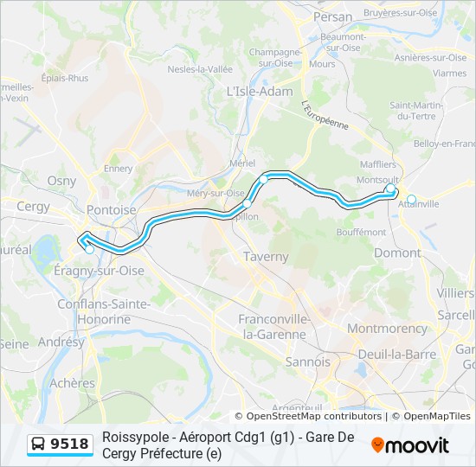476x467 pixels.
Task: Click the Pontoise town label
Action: (x=107, y=210)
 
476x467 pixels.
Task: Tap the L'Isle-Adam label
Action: (x=259, y=92)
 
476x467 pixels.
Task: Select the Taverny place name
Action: (x=266, y=257)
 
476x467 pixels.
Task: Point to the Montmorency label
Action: (x=387, y=329)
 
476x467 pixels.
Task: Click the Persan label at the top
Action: (x=333, y=16)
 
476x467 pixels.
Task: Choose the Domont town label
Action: (x=396, y=253)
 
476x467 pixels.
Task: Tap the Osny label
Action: (x=61, y=181)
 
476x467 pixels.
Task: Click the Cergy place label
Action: (x=34, y=207)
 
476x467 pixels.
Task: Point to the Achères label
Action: (x=73, y=382)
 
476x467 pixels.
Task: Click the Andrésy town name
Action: (x=61, y=342)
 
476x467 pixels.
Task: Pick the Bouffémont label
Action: (x=362, y=232)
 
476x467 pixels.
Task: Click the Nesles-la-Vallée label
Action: (x=200, y=69)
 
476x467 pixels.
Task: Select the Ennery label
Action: (x=118, y=168)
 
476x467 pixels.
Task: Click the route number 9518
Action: (x=69, y=445)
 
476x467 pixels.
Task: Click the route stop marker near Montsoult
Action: (x=390, y=188)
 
